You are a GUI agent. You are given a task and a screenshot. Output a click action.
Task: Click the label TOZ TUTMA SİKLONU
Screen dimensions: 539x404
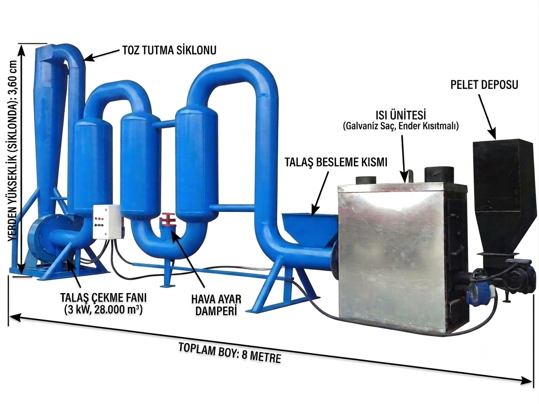[x=170, y=50]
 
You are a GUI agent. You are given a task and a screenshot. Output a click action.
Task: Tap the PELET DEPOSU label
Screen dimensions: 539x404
[x=484, y=84]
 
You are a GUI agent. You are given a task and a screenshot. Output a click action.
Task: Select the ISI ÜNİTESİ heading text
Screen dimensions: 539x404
[x=401, y=115]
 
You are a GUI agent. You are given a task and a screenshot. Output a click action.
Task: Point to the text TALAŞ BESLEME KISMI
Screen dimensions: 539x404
[x=336, y=162]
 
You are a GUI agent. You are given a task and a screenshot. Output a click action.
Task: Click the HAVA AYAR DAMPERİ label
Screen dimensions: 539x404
[x=216, y=304]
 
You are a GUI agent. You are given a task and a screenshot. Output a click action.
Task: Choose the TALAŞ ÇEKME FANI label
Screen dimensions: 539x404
[x=103, y=297]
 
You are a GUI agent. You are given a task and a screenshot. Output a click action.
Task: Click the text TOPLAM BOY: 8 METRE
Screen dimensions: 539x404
[x=230, y=353]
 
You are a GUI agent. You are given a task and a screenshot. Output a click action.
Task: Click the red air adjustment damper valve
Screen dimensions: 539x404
[x=167, y=223]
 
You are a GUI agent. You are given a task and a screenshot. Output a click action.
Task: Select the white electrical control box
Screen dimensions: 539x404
[x=106, y=222]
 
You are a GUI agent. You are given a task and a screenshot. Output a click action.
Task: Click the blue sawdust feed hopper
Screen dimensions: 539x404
[x=309, y=229]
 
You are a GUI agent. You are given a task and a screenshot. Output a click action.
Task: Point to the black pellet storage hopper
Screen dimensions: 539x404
[x=504, y=196]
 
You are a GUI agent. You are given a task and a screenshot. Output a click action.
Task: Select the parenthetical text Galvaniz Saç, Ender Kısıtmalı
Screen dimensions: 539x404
[x=401, y=126]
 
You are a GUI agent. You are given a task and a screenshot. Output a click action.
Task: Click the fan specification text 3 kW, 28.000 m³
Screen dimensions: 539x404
[x=103, y=309]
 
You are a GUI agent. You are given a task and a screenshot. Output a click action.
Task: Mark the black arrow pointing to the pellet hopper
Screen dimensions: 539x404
[x=487, y=116]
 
